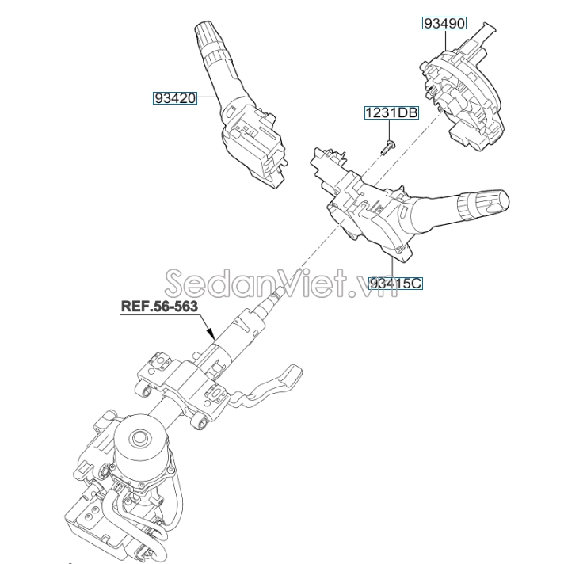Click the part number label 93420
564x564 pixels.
(175, 98)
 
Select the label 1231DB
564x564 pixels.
(391, 112)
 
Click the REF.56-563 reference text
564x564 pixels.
(159, 306)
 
